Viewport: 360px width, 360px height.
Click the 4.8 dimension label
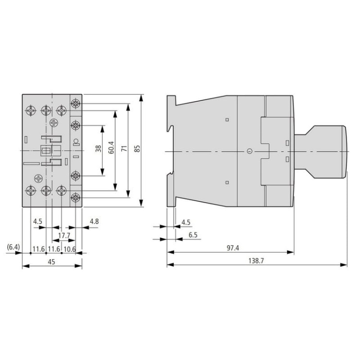tap(94, 221)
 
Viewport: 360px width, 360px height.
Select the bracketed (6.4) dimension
tap(13, 248)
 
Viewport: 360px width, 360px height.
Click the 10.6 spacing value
tap(70, 248)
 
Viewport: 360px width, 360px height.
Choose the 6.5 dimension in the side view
tap(193, 235)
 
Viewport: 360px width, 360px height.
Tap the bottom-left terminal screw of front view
tap(30, 191)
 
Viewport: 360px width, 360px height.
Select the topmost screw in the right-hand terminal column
tap(75, 104)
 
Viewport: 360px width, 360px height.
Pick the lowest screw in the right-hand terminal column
tap(75, 197)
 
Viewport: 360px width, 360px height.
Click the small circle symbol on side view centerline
tap(249, 151)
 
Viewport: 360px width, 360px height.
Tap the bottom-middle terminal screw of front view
tap(46, 191)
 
